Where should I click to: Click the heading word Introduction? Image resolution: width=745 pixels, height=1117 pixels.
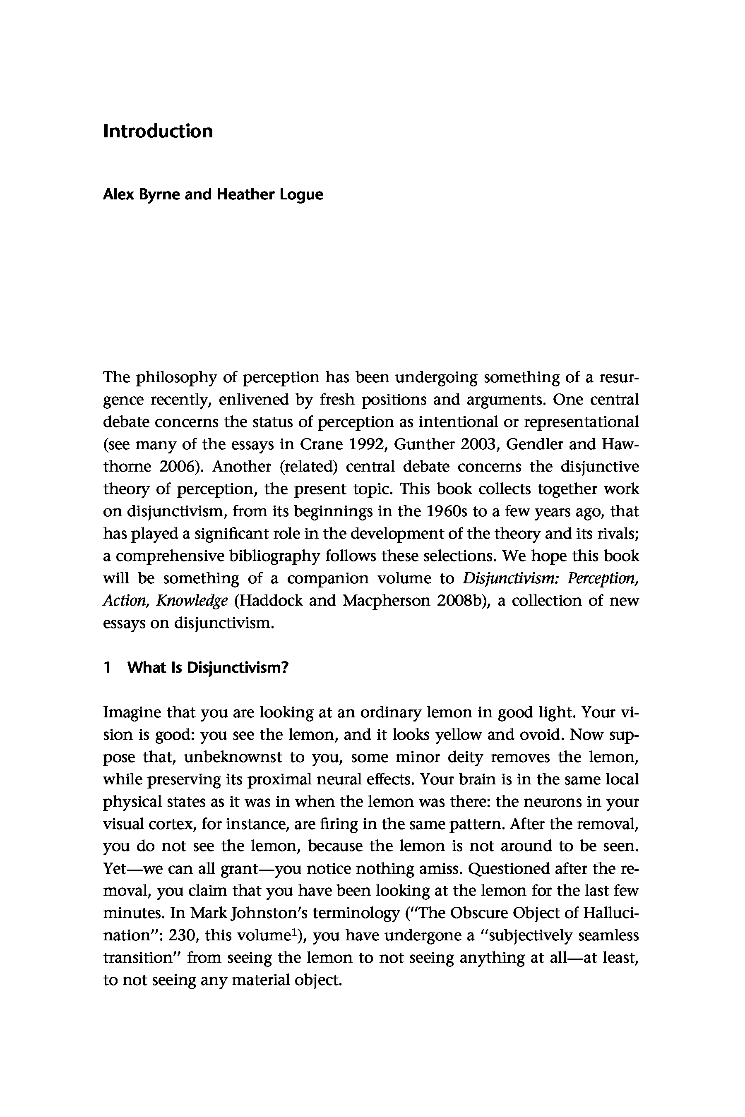coord(158,132)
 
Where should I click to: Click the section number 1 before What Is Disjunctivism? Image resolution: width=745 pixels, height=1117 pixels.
coord(107,668)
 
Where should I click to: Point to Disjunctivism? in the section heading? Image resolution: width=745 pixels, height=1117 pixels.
coord(238,668)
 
